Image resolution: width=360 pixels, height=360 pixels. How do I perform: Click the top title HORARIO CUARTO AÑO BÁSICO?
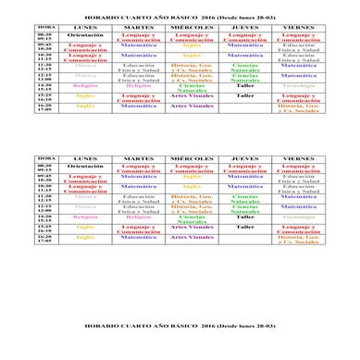pyautogui.click(x=180, y=16)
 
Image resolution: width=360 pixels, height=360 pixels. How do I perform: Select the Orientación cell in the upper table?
pyautogui.click(x=85, y=34)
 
